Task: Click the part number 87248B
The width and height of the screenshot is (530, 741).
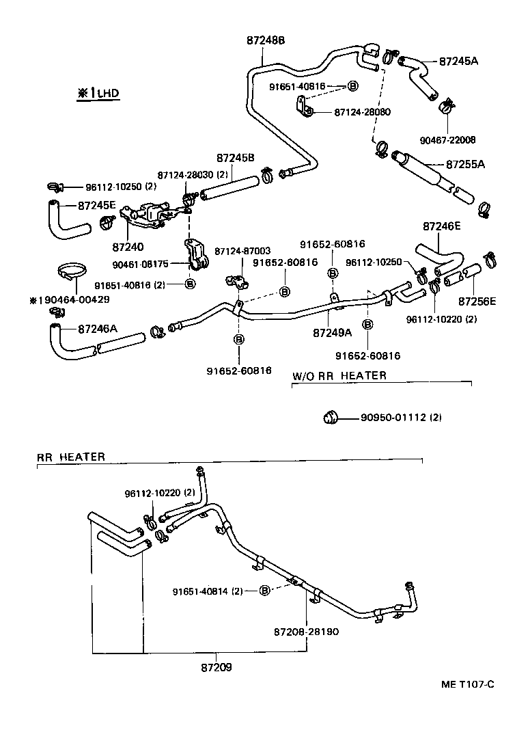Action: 266,41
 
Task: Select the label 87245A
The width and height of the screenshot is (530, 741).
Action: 458,61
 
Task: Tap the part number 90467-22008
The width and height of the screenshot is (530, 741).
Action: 448,140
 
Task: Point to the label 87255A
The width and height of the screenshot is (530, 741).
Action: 465,164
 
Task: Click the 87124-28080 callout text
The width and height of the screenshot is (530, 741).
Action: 362,111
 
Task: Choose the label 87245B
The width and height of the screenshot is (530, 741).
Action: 236,157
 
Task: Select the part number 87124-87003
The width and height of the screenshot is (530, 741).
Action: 242,252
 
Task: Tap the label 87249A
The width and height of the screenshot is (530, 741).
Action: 332,333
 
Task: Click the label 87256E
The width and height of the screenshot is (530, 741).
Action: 477,301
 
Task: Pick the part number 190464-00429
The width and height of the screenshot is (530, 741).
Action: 71,299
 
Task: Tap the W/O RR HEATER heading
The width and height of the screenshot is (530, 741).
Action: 339,375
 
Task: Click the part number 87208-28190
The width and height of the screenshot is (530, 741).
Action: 305,632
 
